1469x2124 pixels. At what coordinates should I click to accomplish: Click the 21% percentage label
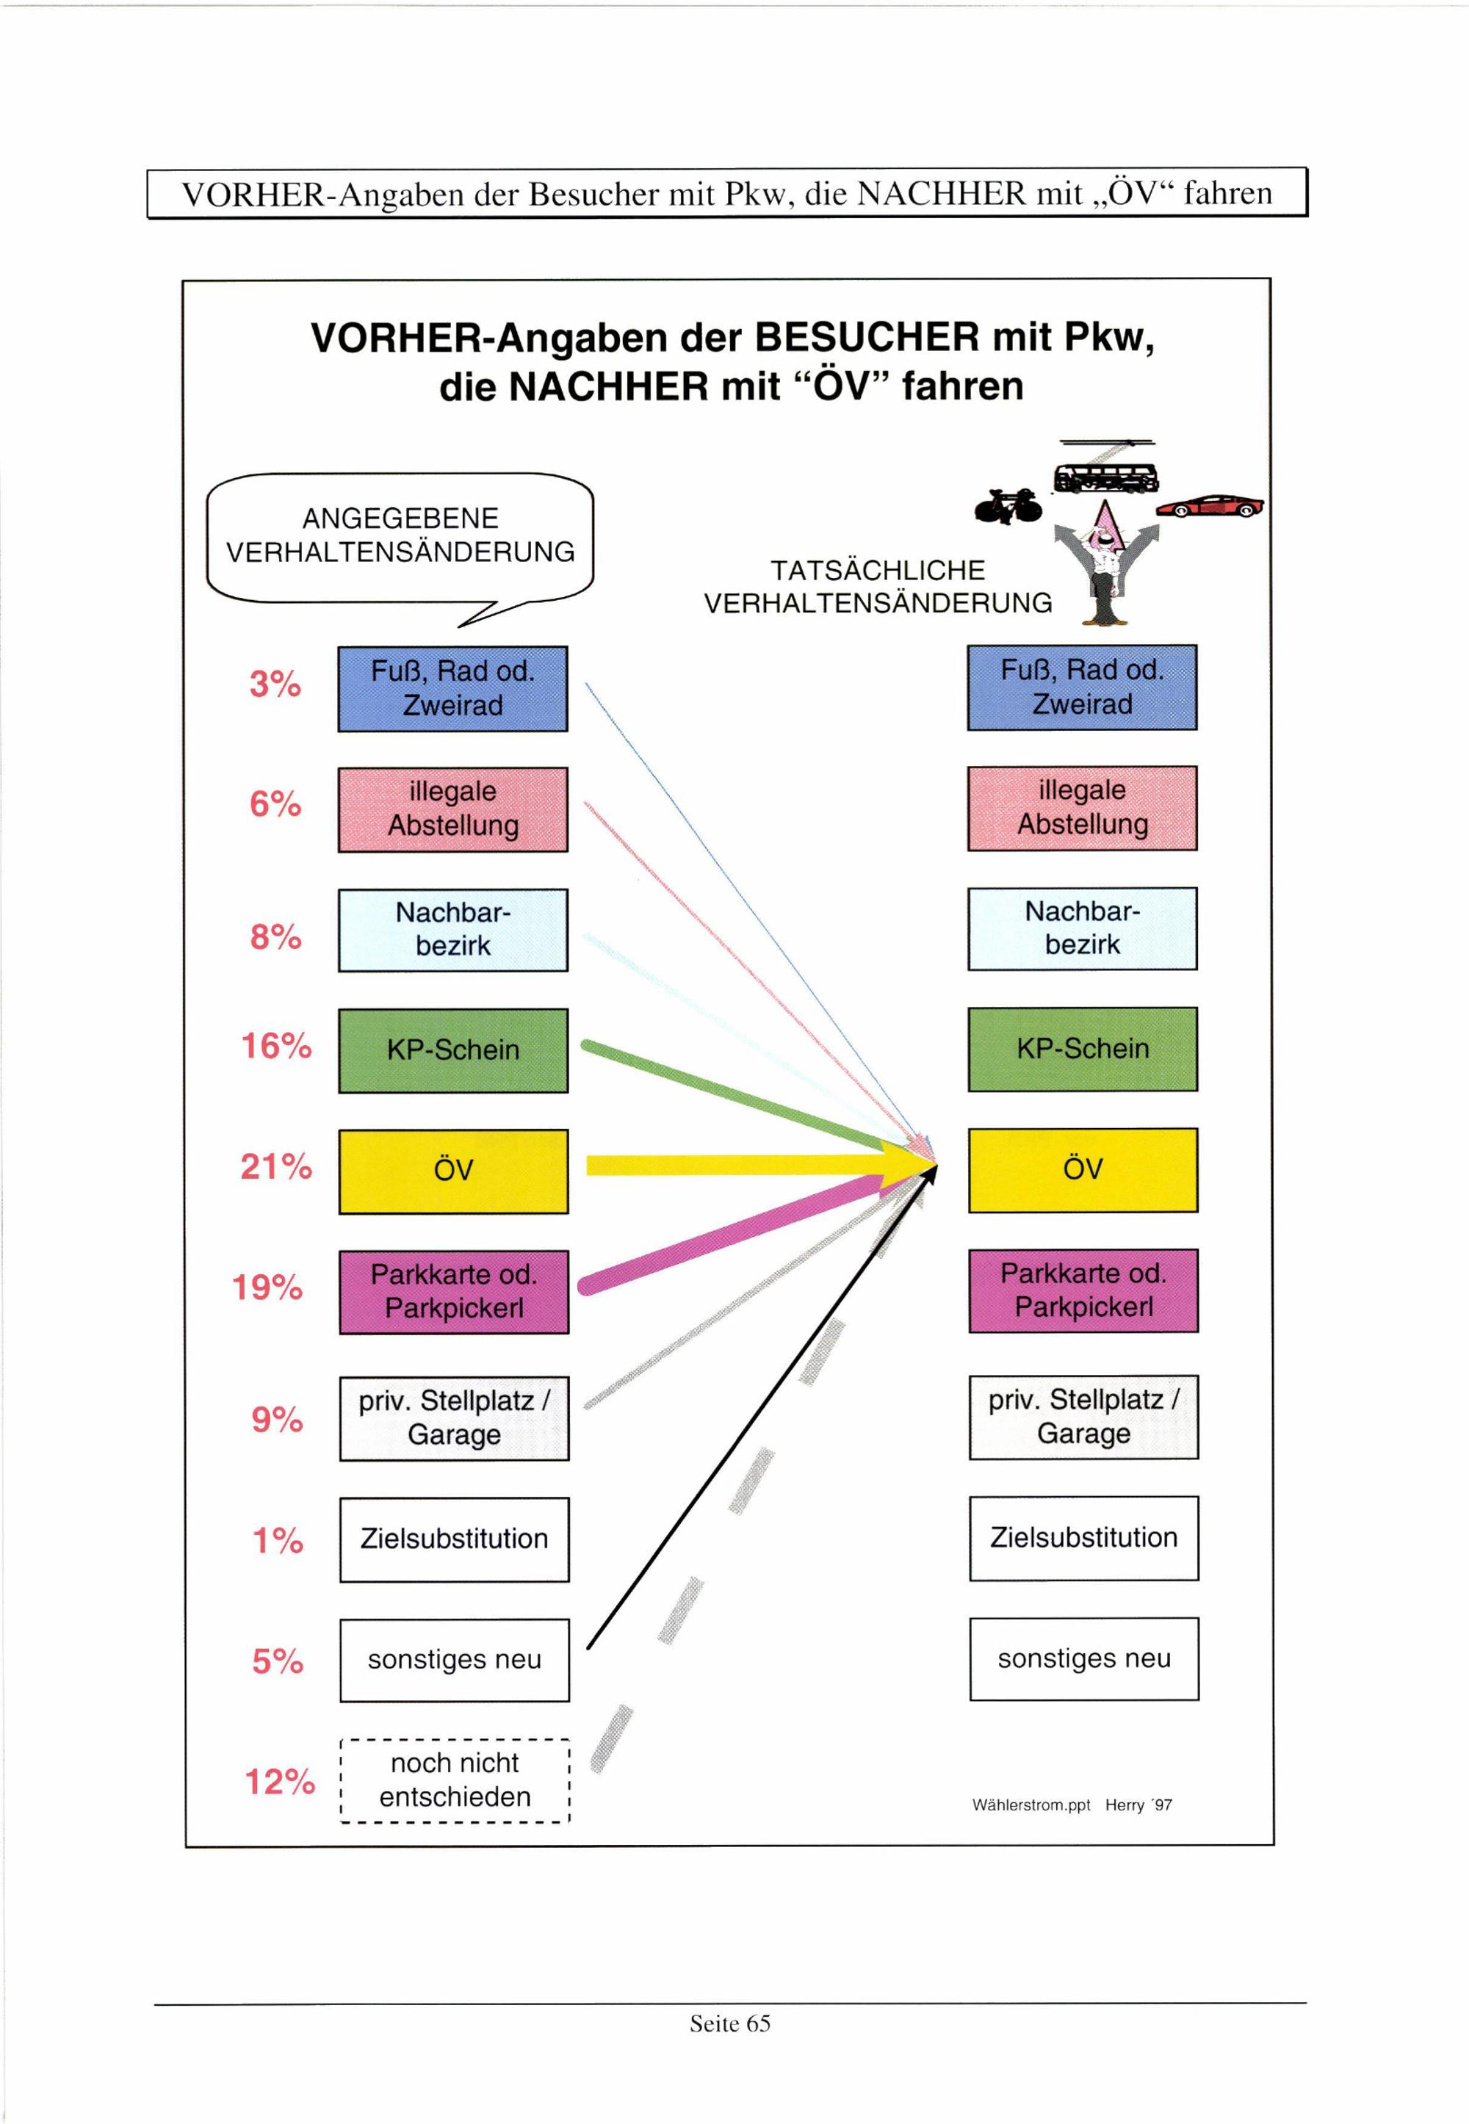(276, 1167)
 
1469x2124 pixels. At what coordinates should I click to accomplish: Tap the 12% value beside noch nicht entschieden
(280, 1781)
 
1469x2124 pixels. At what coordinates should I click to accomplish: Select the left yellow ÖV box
(454, 1171)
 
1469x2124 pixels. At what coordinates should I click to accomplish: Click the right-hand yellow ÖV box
(1083, 1168)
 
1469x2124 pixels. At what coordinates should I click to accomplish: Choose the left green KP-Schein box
(453, 1050)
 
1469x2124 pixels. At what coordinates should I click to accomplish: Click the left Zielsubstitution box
(455, 1539)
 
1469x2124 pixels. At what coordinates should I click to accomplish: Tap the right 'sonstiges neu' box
(1084, 1658)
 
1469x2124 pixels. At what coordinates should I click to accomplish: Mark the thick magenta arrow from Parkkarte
(737, 1233)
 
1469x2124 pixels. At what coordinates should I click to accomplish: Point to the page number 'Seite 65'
(730, 2023)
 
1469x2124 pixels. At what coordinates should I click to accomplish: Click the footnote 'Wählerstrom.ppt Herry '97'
(1072, 1805)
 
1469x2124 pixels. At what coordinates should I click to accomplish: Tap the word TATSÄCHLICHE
(877, 571)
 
